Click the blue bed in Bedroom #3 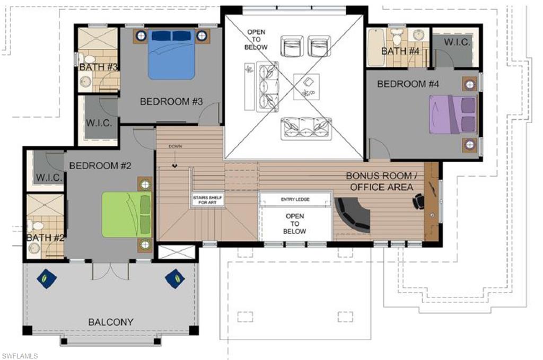coord(171,55)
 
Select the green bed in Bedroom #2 coord(126,214)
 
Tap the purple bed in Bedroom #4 coord(452,115)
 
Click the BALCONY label coord(111,322)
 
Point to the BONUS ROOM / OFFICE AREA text coord(380,181)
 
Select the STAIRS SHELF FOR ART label coord(207,200)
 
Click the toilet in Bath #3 coord(89,59)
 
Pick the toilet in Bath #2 coord(38,226)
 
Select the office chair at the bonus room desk coord(419,201)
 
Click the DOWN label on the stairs coord(175,146)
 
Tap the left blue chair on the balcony coord(46,277)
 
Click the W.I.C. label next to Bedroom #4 coord(457,43)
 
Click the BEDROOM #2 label coord(100,165)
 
